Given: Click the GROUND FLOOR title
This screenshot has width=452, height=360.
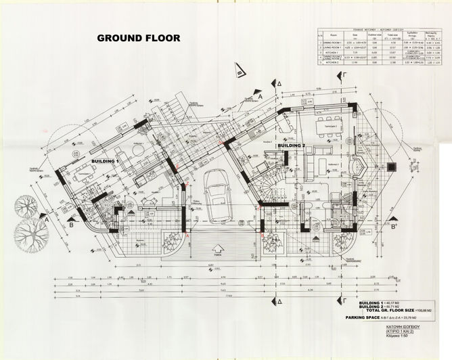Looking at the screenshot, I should click(x=139, y=38).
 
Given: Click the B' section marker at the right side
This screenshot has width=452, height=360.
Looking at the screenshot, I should click(x=394, y=228).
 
